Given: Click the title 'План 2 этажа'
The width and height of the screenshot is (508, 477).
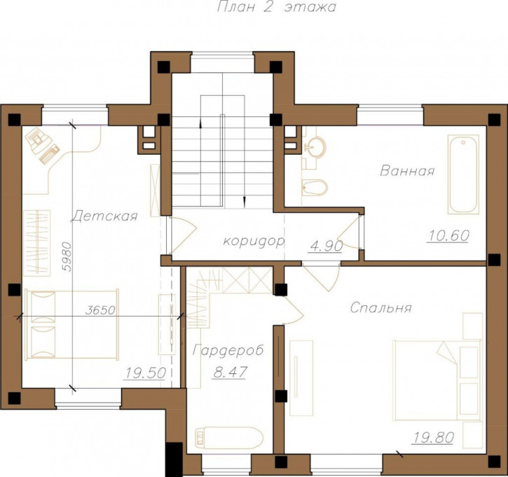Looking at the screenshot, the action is pyautogui.click(x=275, y=6).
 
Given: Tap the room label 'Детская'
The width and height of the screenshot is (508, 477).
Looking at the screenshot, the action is pyautogui.click(x=104, y=216).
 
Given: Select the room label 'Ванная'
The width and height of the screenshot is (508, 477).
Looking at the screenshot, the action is pyautogui.click(x=407, y=170).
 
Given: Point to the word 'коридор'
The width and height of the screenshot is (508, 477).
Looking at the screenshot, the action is pyautogui.click(x=254, y=241).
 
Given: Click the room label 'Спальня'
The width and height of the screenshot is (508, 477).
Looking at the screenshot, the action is pyautogui.click(x=380, y=307).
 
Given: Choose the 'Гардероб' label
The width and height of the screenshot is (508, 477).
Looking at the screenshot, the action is pyautogui.click(x=228, y=350).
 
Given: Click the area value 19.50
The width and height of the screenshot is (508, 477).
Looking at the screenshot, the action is pyautogui.click(x=146, y=373).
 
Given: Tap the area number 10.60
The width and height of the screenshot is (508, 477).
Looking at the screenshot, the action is pyautogui.click(x=448, y=235).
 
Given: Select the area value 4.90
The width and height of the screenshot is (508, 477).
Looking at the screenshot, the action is pyautogui.click(x=327, y=246).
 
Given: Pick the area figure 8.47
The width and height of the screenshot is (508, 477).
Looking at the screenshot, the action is pyautogui.click(x=230, y=372).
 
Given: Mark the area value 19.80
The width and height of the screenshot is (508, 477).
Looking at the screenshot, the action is pyautogui.click(x=432, y=438).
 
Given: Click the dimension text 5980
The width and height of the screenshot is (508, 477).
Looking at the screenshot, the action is pyautogui.click(x=67, y=256).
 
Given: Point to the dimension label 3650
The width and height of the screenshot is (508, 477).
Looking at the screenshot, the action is pyautogui.click(x=100, y=310).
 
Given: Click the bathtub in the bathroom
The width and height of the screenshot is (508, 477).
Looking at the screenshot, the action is pyautogui.click(x=463, y=174).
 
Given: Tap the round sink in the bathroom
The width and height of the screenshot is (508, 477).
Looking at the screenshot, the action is pyautogui.click(x=314, y=147).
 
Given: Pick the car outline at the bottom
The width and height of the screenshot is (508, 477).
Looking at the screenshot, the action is pyautogui.click(x=228, y=437).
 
